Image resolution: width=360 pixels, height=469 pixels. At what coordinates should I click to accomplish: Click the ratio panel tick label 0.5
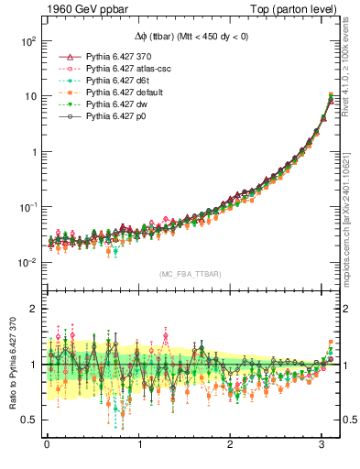click(27, 420)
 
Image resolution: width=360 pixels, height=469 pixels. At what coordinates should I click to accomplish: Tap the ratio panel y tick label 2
click(31, 309)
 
